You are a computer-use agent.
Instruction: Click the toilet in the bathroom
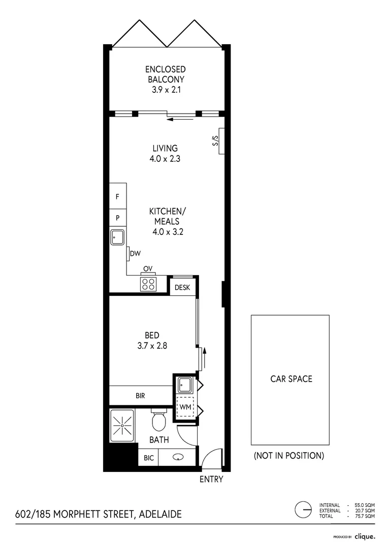[x=159, y=420]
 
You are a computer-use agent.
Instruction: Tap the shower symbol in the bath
[x=122, y=423]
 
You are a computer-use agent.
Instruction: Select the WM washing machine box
[x=184, y=407]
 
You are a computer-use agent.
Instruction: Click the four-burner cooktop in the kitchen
[x=148, y=284]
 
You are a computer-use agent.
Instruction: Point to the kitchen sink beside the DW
[x=117, y=237]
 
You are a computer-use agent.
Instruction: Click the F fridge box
[x=117, y=196]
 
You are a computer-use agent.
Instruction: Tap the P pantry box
[x=117, y=217]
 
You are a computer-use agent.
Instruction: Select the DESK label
[x=182, y=288]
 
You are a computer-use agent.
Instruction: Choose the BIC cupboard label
[x=148, y=458]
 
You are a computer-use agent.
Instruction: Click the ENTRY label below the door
[x=211, y=479]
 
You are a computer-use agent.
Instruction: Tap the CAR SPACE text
[x=290, y=379]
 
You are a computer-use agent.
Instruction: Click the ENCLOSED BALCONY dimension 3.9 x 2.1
[x=165, y=90]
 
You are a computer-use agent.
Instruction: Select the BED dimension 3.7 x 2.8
[x=152, y=346]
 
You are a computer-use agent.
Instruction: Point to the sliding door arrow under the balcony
[x=181, y=120]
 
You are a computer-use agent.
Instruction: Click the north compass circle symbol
[x=303, y=509]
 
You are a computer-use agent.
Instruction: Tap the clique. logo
[x=365, y=536]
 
